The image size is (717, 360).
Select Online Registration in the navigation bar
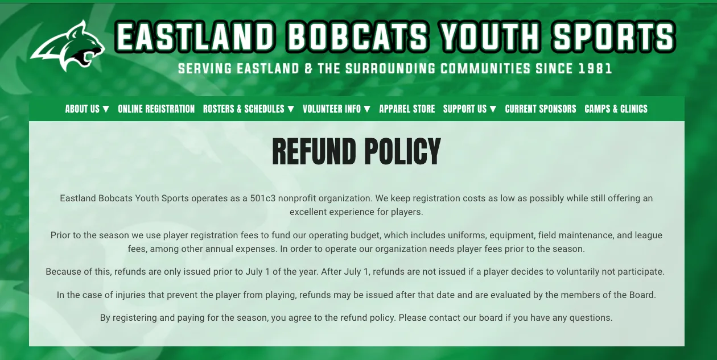[x=156, y=109]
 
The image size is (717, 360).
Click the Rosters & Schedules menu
[x=248, y=109]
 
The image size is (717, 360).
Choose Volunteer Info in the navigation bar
[x=336, y=109]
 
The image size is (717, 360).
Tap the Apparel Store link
[x=407, y=109]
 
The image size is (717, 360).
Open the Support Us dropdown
[x=469, y=109]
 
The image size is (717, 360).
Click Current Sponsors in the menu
[x=541, y=109]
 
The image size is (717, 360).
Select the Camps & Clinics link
[x=616, y=109]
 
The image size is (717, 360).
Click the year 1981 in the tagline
[x=595, y=69]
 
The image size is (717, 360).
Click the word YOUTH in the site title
[x=490, y=38]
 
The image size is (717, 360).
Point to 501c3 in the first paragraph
[x=262, y=198]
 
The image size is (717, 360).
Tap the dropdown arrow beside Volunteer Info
[x=367, y=109]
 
